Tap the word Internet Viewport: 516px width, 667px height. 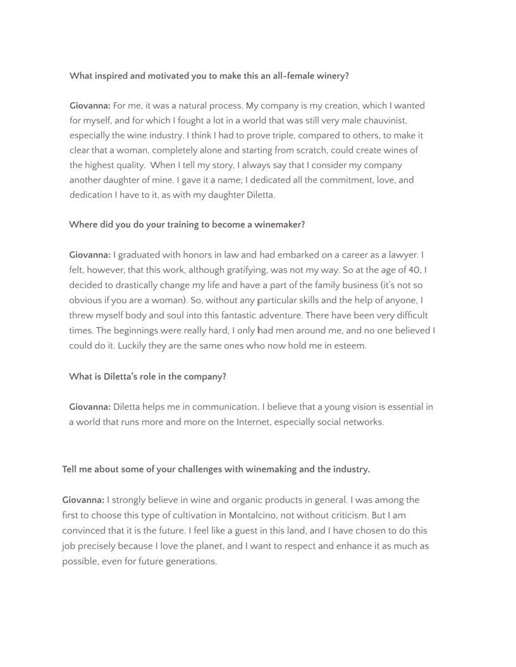pos(254,422)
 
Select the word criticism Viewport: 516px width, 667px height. pos(345,515)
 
